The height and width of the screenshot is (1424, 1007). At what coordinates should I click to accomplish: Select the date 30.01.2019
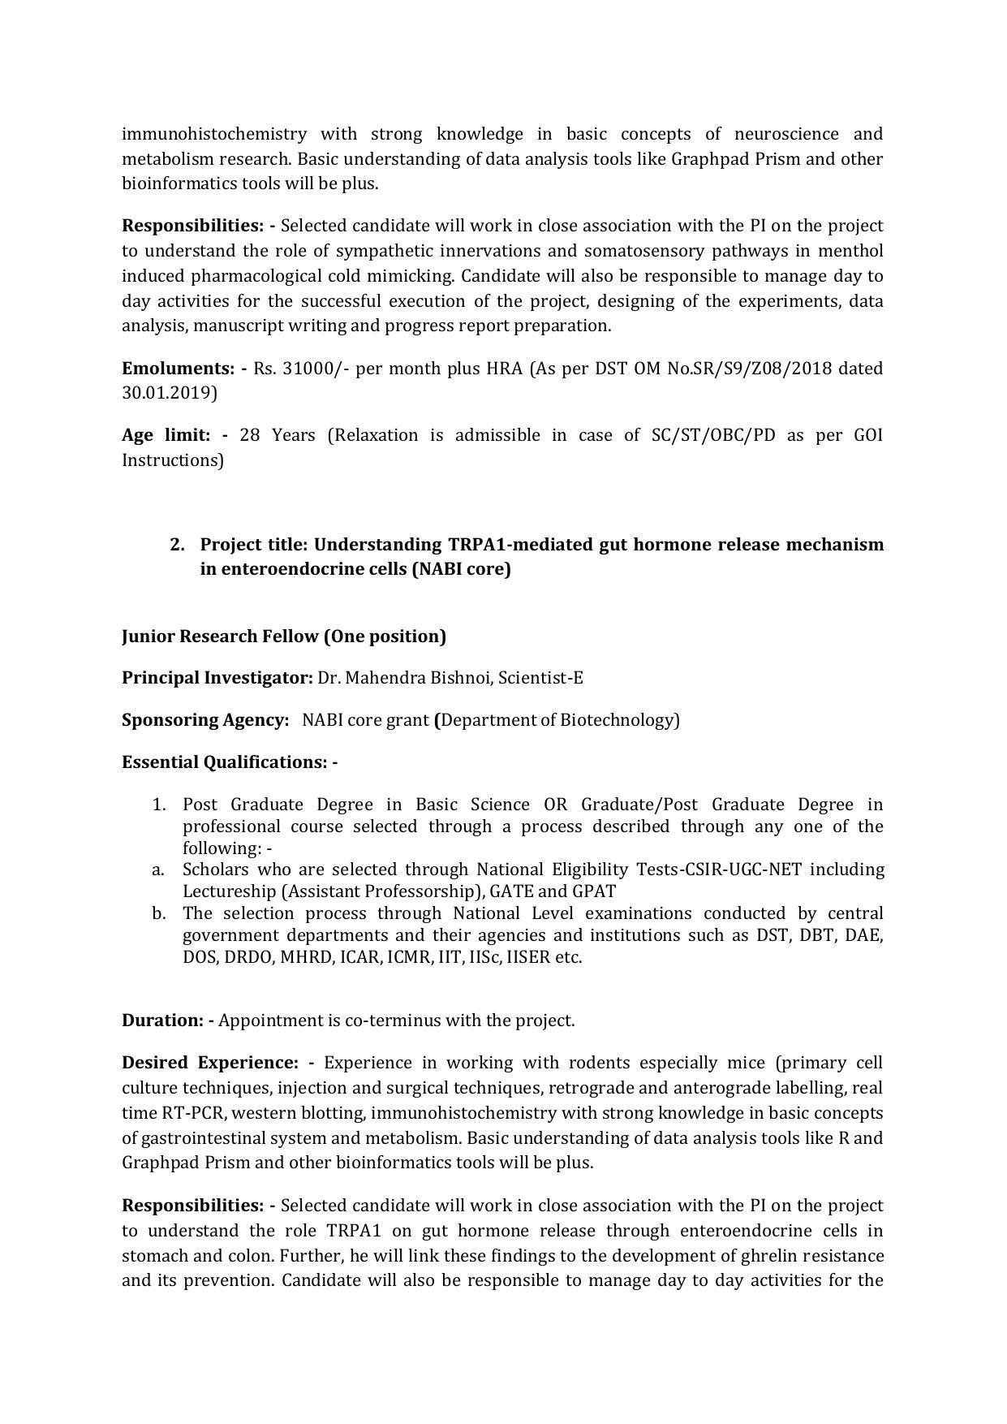(169, 394)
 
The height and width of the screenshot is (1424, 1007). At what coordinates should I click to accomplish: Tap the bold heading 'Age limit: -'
(174, 435)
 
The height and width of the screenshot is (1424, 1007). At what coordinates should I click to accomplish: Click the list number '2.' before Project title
(178, 544)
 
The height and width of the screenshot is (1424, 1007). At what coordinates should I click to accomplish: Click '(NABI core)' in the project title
(461, 569)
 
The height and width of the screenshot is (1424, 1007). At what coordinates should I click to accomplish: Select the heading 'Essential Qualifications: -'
(229, 762)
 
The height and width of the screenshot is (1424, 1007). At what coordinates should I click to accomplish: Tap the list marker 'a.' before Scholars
(158, 870)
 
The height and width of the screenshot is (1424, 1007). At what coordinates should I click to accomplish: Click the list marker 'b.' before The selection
(158, 913)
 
